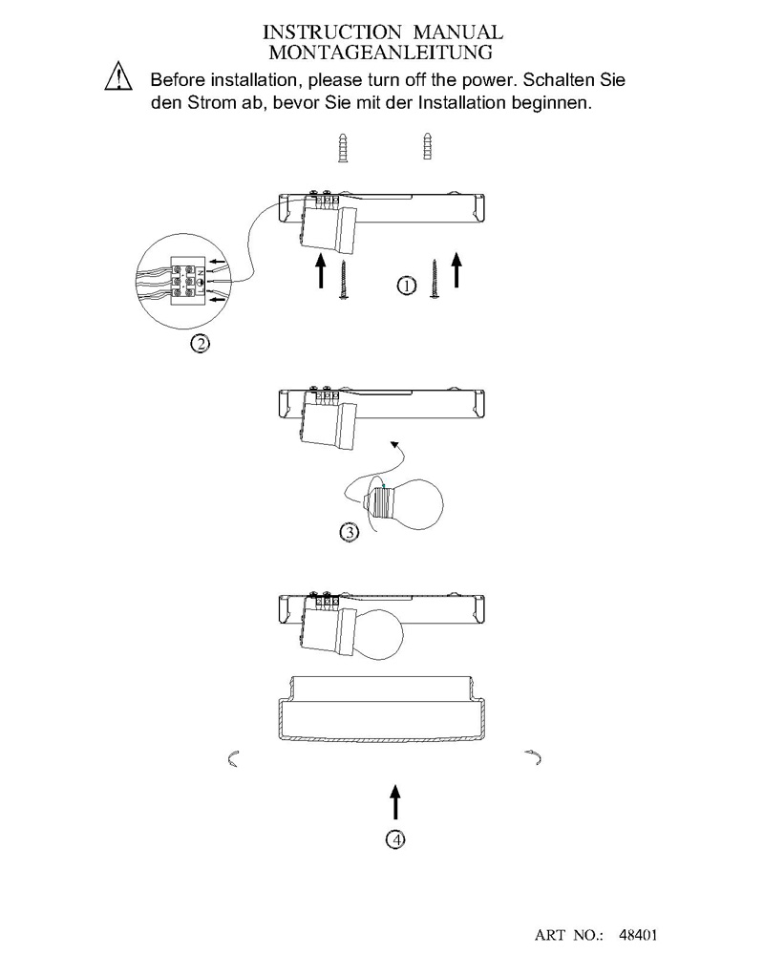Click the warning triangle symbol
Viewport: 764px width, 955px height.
coord(118,77)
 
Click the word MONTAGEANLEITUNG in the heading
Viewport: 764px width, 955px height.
coord(381,53)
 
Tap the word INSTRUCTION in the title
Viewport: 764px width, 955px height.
coord(331,32)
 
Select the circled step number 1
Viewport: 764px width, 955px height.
coord(407,285)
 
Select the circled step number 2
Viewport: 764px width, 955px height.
coord(200,344)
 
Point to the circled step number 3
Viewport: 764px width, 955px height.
coord(350,532)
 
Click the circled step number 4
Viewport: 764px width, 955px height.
coord(395,839)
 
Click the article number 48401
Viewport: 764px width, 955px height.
coord(638,934)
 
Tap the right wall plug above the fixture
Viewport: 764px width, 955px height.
coord(428,146)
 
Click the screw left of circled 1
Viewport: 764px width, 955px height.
coord(344,280)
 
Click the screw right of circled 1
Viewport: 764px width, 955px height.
coord(434,279)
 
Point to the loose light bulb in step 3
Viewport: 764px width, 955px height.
coord(403,503)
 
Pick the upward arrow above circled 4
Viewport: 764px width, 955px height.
coord(396,801)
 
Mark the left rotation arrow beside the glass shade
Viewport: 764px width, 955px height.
coord(232,759)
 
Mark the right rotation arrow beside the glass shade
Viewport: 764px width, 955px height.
coord(534,757)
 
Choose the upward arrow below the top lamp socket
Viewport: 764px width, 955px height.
coord(321,270)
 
